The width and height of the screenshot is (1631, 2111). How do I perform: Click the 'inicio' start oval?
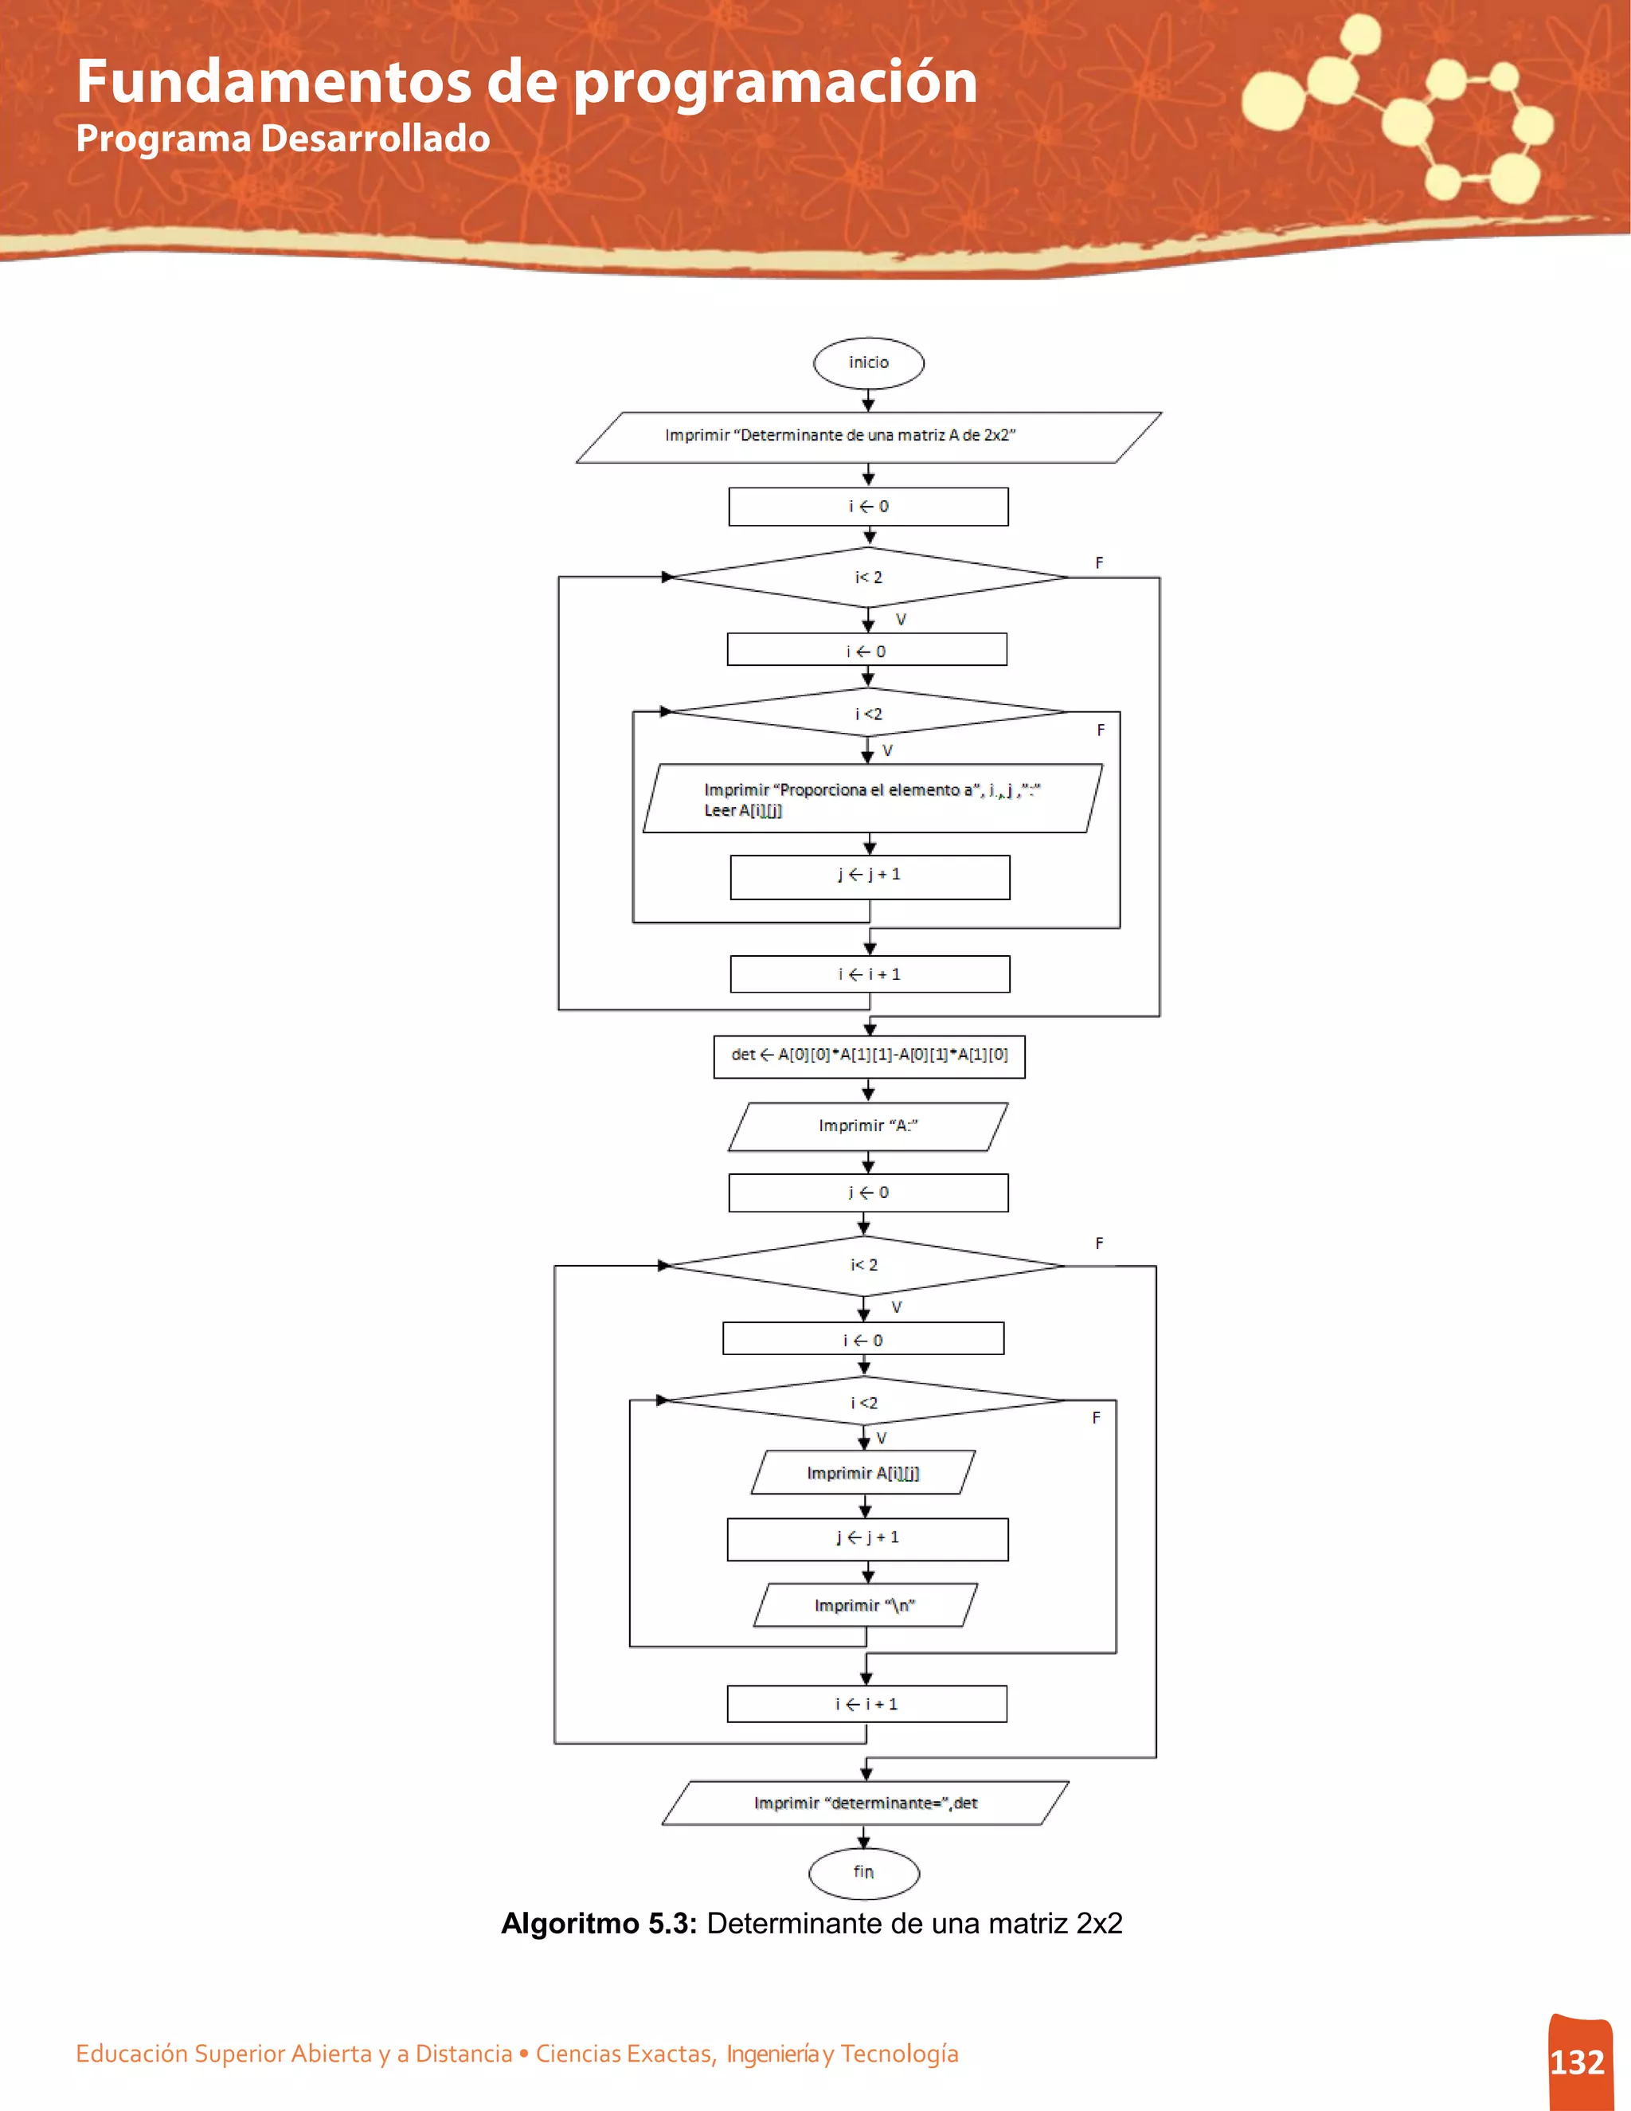[869, 362]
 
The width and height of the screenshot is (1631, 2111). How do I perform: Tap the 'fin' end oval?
[864, 1872]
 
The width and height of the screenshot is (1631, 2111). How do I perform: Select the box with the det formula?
[869, 1055]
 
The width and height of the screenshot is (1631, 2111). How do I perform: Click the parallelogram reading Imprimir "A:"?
[868, 1126]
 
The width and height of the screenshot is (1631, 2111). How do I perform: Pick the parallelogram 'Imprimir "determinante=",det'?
[865, 1803]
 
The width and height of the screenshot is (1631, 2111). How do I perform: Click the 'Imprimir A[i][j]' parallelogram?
[862, 1472]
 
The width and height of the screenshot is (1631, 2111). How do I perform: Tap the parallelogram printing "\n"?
[865, 1604]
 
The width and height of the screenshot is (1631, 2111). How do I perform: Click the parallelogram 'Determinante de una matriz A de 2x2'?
[868, 437]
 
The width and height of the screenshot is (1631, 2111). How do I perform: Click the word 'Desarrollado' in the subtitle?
[376, 139]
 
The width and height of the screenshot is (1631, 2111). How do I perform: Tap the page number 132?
[1577, 2062]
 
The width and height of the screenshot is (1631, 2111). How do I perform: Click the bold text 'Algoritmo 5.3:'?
[598, 1924]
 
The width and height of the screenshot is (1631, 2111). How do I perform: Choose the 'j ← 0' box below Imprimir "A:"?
[868, 1193]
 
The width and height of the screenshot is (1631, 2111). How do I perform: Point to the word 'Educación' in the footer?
[132, 2053]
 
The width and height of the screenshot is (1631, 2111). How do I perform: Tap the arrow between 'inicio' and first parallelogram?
[869, 400]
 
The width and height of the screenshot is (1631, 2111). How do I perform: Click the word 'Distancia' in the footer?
[463, 2053]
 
